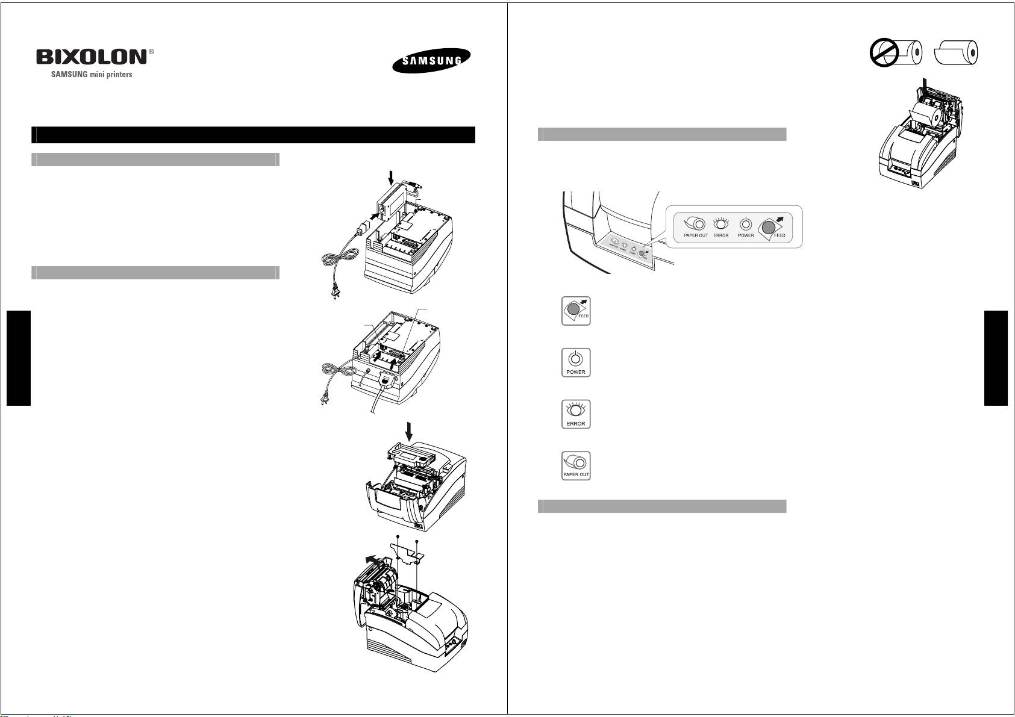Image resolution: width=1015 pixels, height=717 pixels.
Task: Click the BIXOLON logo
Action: [x=92, y=57]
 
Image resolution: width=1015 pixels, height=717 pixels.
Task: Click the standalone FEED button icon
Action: [x=575, y=311]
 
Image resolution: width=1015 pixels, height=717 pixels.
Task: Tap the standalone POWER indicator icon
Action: [x=575, y=362]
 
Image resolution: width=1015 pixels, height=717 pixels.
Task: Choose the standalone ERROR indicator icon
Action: [x=575, y=414]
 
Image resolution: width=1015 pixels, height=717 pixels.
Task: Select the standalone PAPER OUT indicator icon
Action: [x=575, y=465]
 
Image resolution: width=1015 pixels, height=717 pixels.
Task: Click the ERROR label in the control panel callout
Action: [x=721, y=235]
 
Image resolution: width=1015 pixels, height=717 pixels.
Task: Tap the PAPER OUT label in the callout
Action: [x=696, y=235]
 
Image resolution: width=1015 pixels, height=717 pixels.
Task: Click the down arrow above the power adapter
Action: [x=391, y=176]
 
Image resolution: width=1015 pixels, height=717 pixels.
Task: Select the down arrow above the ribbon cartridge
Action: [x=410, y=430]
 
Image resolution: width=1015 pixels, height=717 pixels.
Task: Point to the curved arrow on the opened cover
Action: [x=378, y=562]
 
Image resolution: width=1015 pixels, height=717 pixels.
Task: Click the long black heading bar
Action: [x=253, y=135]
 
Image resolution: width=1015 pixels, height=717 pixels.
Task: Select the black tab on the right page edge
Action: [x=996, y=358]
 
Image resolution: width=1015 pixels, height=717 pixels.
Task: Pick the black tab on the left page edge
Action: [x=18, y=358]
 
